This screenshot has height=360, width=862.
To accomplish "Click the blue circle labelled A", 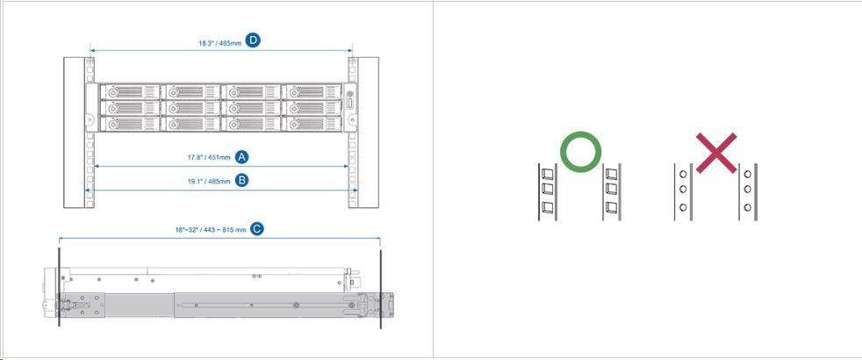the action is point(242,157).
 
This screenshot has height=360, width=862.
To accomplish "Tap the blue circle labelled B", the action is point(242,180).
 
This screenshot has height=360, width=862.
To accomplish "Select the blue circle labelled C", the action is point(256,229).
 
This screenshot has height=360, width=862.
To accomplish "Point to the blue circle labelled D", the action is point(253,40).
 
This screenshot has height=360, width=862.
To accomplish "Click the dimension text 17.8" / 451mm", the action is point(209,158).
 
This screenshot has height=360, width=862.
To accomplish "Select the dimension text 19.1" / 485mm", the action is point(209,181).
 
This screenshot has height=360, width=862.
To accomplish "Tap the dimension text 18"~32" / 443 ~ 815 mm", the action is point(211,230).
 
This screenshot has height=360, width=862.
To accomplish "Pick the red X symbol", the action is point(716,153).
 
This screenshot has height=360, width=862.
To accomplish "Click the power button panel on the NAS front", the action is point(349,107).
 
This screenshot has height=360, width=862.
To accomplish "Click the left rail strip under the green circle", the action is point(547,191).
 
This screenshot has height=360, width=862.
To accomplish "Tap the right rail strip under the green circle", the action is point(612,191).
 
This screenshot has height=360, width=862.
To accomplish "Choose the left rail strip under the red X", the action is point(683,191).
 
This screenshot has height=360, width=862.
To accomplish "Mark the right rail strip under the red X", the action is point(748,191).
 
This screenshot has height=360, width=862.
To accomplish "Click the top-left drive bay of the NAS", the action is point(130,91).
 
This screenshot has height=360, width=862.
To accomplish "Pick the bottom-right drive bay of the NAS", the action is point(312,124).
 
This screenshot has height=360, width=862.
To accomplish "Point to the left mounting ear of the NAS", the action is point(91,108).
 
